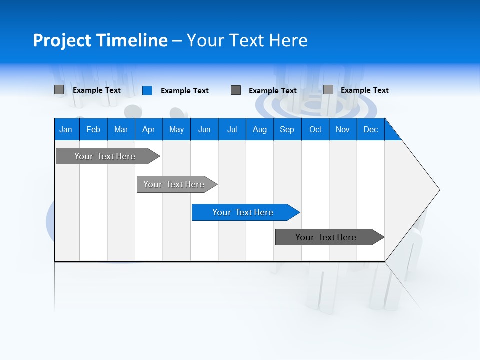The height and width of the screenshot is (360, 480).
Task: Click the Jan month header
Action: (x=66, y=129)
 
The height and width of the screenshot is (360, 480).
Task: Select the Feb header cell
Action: (x=93, y=129)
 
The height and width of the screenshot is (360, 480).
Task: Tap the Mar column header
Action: (x=121, y=129)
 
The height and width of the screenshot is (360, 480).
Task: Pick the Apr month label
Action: (x=149, y=129)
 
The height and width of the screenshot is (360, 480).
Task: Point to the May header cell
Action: (x=176, y=129)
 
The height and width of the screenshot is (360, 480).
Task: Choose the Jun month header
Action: (x=204, y=129)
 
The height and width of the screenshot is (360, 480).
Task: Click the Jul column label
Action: (x=232, y=129)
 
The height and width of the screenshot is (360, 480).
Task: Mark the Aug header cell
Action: (x=260, y=129)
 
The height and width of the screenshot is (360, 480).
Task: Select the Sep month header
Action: (x=287, y=129)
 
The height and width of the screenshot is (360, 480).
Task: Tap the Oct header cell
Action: (x=315, y=129)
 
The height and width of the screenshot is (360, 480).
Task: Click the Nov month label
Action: (x=343, y=129)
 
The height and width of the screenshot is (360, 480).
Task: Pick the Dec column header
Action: (x=371, y=129)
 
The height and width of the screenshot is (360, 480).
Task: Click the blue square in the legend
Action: (x=147, y=90)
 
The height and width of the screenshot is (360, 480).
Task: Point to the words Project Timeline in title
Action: (x=100, y=40)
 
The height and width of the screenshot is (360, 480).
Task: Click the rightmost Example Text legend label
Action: (x=364, y=90)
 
